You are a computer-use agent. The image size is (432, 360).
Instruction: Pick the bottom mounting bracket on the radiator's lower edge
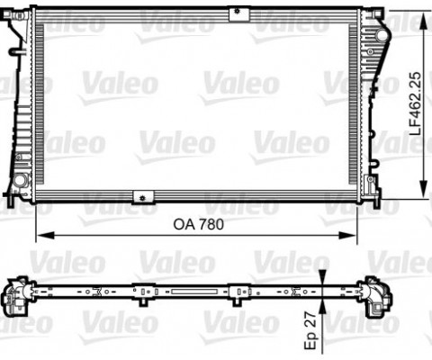[x=140, y=197]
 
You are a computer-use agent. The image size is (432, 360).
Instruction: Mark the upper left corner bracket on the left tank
[x=13, y=22]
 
